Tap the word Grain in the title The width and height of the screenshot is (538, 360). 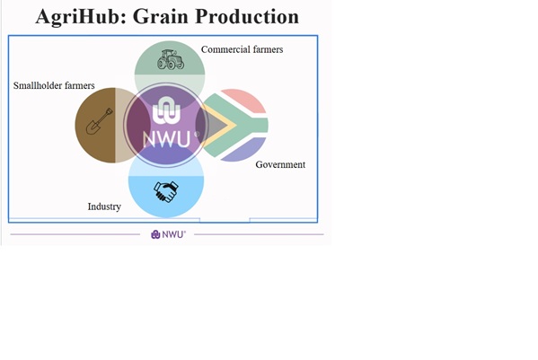161,16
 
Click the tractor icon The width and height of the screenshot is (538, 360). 171,59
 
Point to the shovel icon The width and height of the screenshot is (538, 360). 99,121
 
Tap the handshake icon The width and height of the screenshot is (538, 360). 166,191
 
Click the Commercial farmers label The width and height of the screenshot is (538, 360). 242,49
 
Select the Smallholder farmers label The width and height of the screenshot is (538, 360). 54,85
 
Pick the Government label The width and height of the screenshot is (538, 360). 280,164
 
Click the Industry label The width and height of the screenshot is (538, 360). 104,206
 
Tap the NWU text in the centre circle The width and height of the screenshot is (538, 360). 166,139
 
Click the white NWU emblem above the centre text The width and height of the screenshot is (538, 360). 166,110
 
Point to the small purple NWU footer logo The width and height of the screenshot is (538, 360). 169,234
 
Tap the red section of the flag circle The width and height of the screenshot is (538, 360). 243,101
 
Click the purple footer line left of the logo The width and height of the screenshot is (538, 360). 75,234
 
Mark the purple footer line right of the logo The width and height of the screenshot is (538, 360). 259,234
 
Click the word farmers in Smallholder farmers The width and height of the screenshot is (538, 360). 80,85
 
